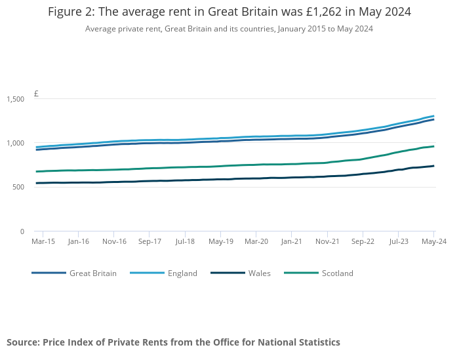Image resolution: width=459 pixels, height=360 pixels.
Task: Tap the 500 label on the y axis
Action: pos(19,188)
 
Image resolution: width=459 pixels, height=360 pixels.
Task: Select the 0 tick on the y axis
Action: pos(22,231)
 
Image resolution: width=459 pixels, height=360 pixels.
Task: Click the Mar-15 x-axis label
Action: pos(43,241)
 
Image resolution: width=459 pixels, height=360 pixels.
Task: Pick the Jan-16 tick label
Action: pos(78,241)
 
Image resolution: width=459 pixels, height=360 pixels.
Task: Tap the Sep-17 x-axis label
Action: pos(150,241)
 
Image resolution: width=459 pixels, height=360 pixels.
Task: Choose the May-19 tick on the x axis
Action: pos(220,241)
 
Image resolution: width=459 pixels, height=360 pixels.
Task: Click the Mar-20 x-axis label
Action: pos(256,241)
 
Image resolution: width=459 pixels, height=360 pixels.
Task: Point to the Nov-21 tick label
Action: pos(327,241)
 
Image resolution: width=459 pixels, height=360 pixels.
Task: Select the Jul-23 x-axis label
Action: pos(398,241)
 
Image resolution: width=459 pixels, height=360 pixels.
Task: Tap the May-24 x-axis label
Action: pos(433,241)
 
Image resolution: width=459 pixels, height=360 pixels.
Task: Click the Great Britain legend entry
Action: pos(92,273)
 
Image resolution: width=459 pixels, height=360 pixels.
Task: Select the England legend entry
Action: pos(182,273)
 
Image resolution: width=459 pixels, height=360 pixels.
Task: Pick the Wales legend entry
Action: pos(258,273)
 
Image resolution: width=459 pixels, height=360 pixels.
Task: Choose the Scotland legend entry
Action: pos(337,273)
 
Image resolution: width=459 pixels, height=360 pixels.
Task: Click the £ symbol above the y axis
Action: pos(36,94)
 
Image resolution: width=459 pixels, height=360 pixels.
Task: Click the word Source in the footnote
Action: pos(24,342)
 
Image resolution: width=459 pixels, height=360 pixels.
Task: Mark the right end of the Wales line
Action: pos(433,166)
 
